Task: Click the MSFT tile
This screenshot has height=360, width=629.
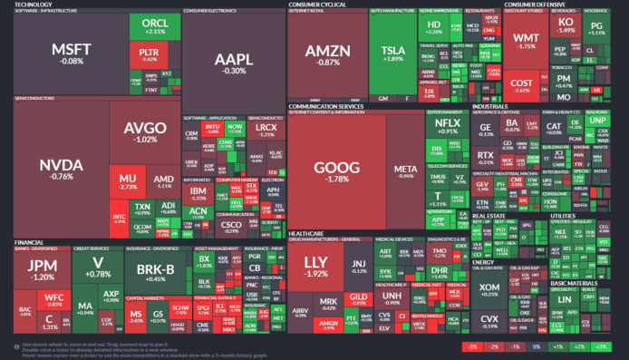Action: [68, 53]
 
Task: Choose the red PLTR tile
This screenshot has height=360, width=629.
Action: [150, 57]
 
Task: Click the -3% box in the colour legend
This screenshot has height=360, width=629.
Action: [472, 347]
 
